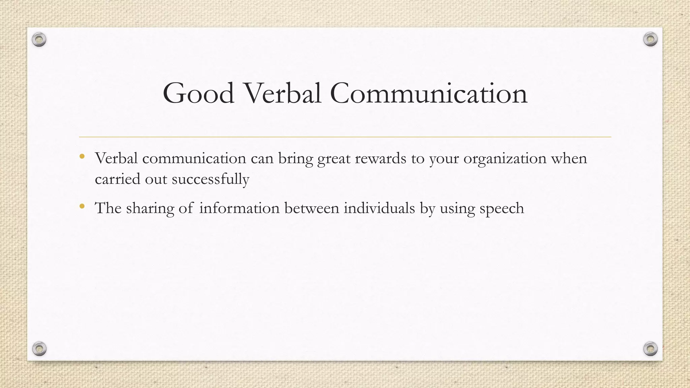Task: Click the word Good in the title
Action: [198, 93]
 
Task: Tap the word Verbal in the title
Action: [282, 93]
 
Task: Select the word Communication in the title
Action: [429, 93]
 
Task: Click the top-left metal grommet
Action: [39, 40]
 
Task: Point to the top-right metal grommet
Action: [650, 39]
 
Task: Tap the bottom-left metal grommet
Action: [39, 349]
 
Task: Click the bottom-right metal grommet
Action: [650, 349]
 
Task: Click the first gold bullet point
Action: [82, 156]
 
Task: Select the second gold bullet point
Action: [82, 206]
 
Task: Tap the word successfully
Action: [211, 179]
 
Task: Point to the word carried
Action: [117, 179]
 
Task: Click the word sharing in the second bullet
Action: [150, 208]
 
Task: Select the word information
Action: [239, 208]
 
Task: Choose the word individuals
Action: [379, 208]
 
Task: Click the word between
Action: [312, 208]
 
